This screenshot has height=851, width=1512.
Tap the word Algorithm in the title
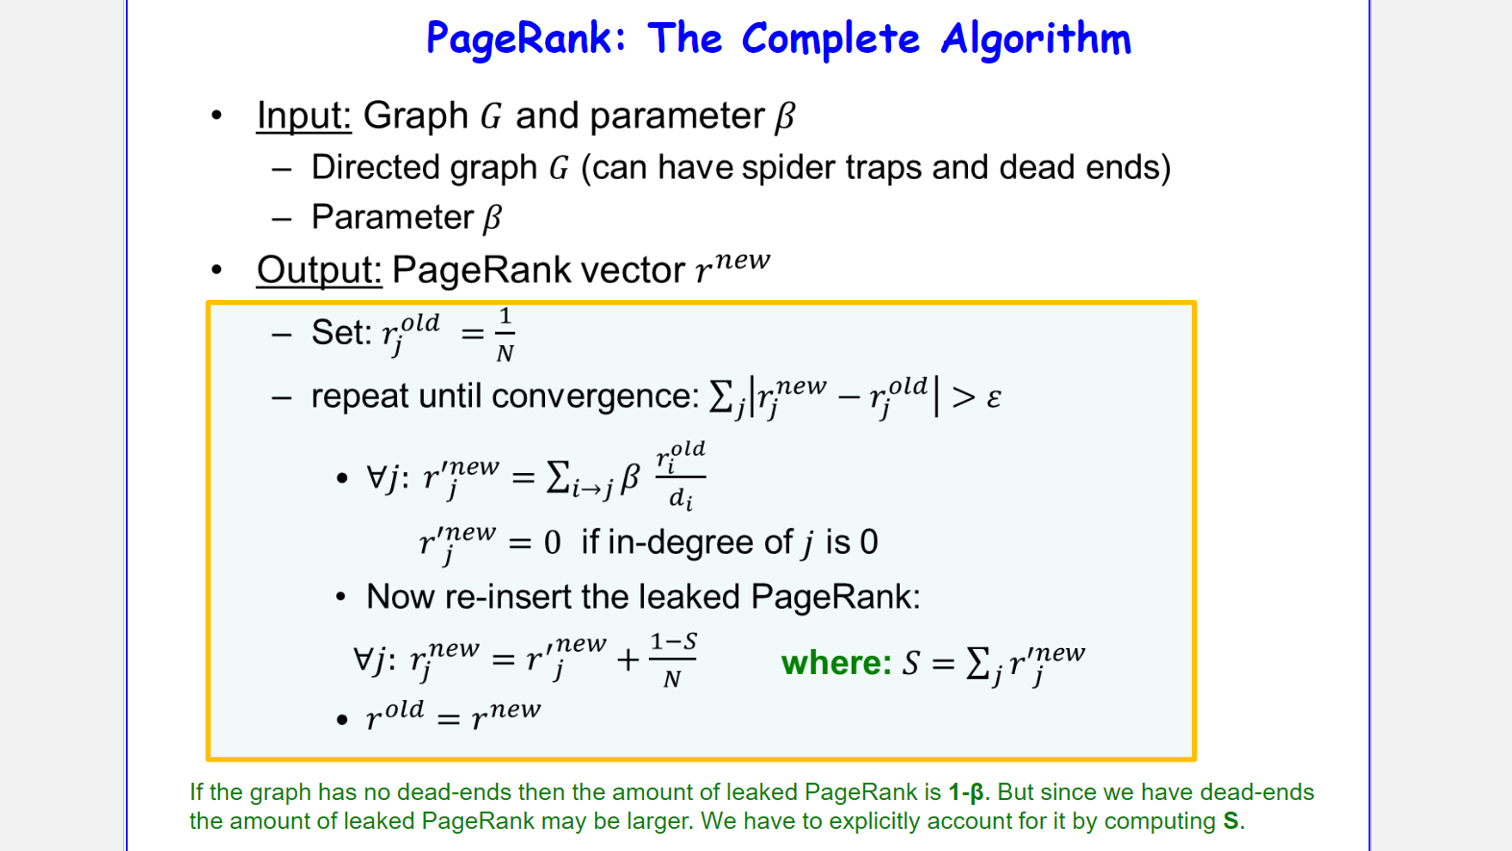tap(1035, 39)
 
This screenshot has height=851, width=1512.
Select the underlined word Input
tap(304, 116)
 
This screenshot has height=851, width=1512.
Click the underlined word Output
tap(318, 270)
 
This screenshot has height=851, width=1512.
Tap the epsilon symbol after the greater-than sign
tap(994, 398)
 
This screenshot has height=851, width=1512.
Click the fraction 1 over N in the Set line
tap(505, 335)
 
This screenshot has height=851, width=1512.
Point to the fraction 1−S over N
tap(673, 661)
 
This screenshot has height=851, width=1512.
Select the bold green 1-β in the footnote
tap(966, 792)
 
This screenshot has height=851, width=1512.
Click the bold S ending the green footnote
tap(1230, 821)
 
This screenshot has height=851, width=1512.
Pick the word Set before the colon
tap(337, 333)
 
